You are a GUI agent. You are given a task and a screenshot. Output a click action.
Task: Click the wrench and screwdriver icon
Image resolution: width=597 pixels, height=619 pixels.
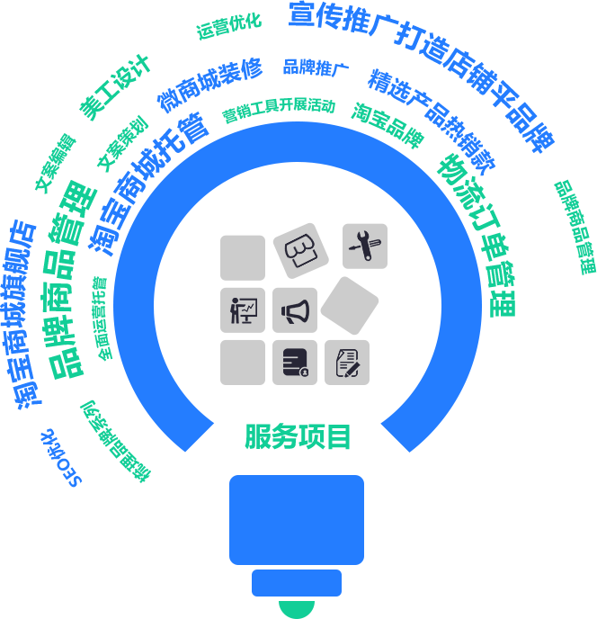point(365,246)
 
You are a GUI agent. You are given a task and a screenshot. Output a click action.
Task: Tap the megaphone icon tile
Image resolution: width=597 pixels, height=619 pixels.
point(295,309)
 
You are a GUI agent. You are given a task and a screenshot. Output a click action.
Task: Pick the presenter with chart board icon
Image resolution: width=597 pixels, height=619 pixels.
point(243,310)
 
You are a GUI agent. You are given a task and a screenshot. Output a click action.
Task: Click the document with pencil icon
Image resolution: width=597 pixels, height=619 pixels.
point(347,363)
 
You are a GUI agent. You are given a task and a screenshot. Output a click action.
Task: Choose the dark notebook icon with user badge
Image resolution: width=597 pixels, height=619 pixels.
point(295,362)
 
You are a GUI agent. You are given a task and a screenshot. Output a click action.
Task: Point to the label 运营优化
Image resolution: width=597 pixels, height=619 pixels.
point(228,26)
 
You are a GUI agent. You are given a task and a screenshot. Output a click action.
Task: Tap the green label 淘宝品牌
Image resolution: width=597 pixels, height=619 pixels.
point(388,125)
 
